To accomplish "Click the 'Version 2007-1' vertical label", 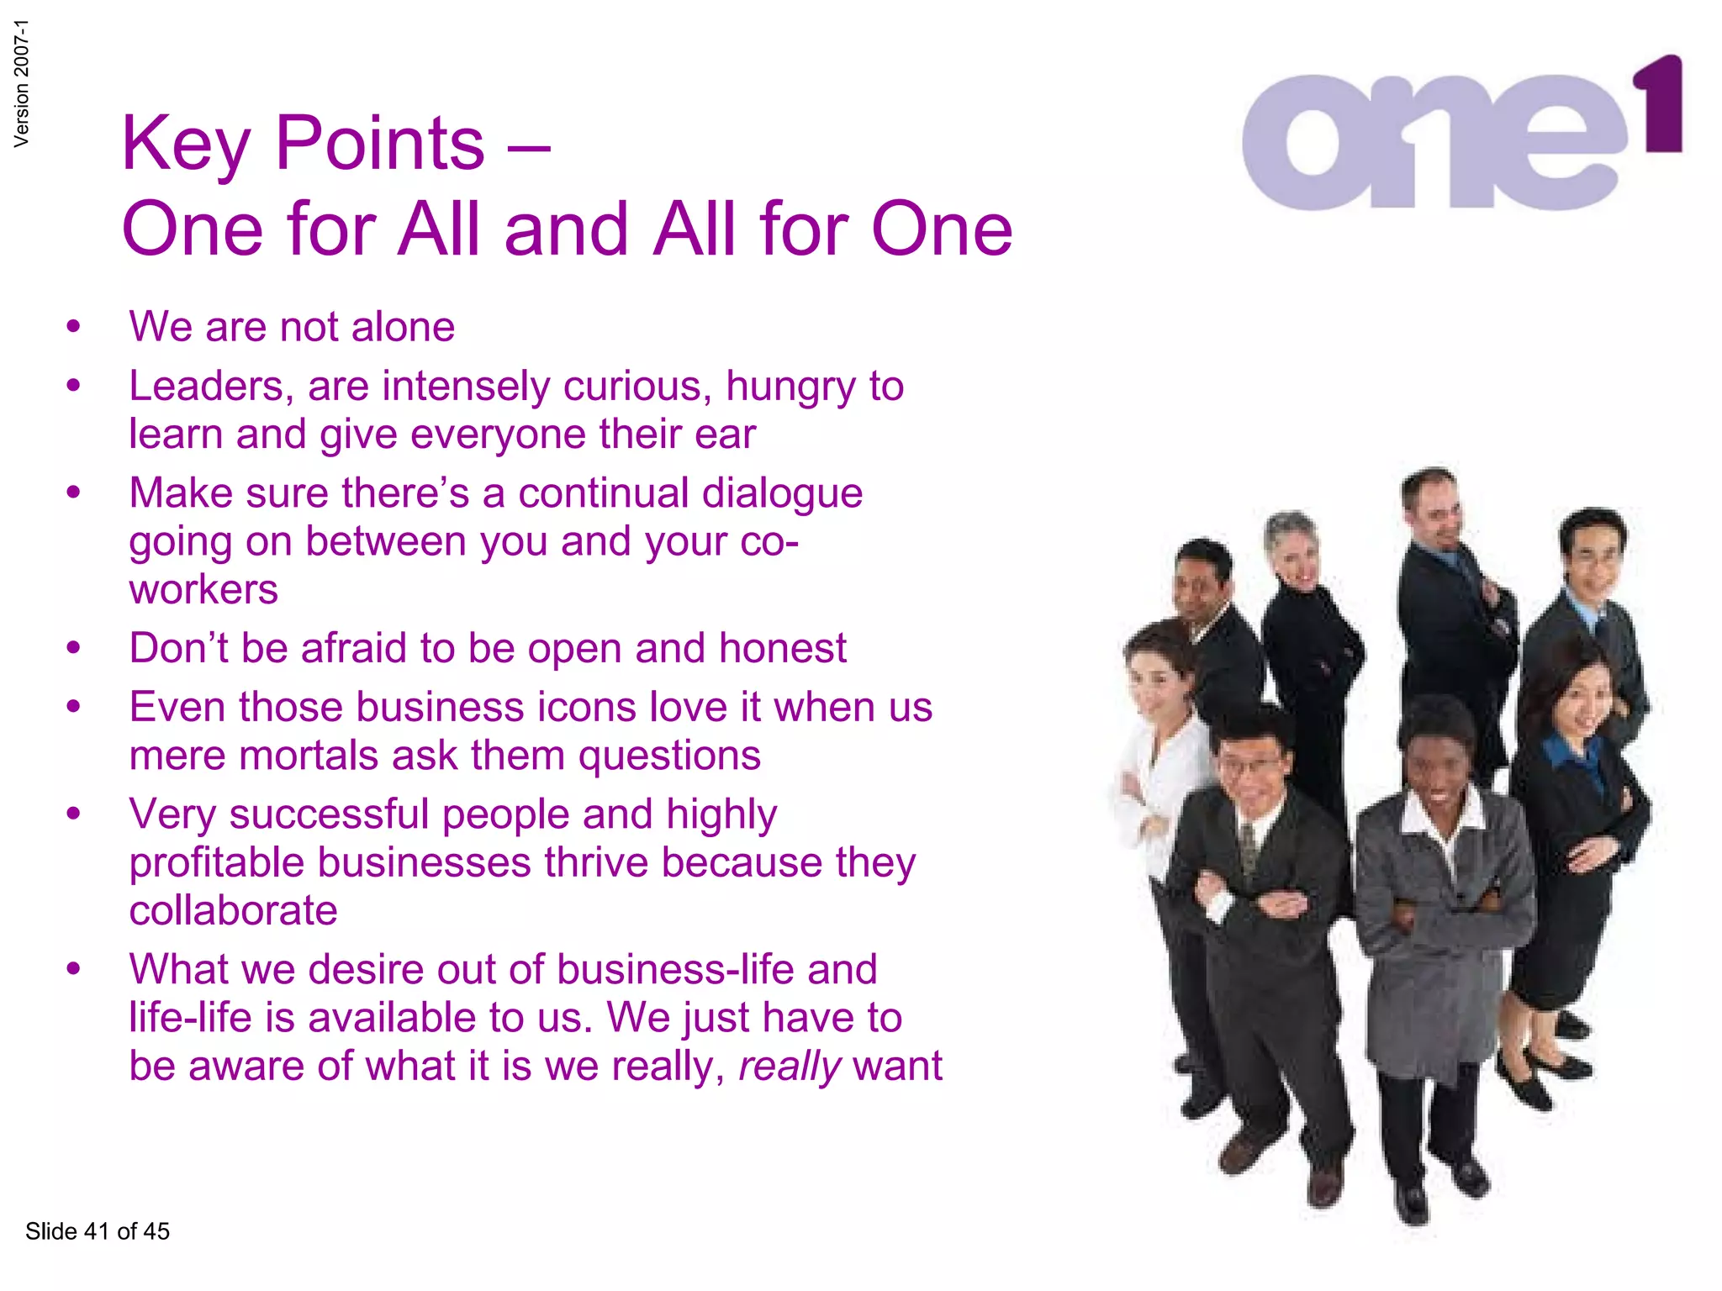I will (x=22, y=83).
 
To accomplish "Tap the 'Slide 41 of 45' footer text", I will (x=98, y=1231).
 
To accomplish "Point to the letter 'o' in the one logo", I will (x=1312, y=143).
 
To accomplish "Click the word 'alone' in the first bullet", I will (x=404, y=326).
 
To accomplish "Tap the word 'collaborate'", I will (x=233, y=910).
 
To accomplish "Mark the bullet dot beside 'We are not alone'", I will (x=74, y=327).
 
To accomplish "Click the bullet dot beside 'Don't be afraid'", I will (x=74, y=648).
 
